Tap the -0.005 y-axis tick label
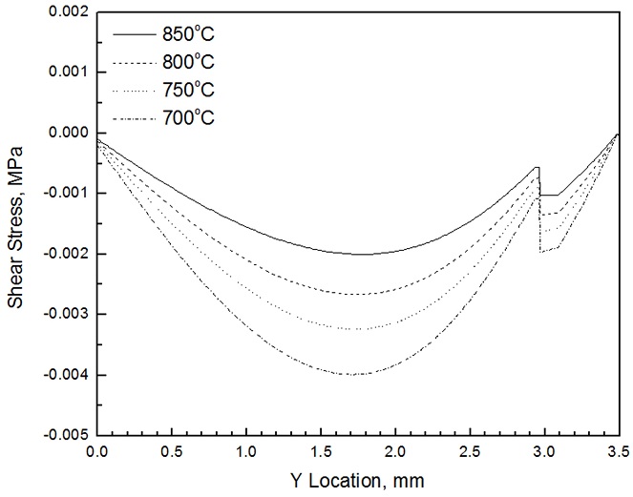pyautogui.click(x=64, y=435)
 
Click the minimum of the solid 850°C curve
pyautogui.click(x=363, y=254)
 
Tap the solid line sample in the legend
pyautogui.click(x=135, y=35)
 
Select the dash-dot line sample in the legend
pyautogui.click(x=135, y=118)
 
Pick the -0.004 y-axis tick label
pyautogui.click(x=64, y=375)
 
